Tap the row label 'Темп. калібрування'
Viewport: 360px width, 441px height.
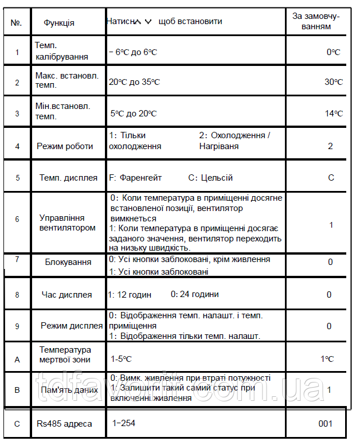[x=61, y=51]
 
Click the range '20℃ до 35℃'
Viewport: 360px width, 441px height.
[x=134, y=82]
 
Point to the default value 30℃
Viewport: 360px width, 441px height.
[x=333, y=82]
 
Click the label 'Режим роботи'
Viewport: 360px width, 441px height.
[x=65, y=146]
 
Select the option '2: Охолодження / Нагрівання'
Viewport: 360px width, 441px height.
[x=234, y=141]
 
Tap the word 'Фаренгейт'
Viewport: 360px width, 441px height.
[x=141, y=178]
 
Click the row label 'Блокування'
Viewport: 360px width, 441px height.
[x=68, y=262]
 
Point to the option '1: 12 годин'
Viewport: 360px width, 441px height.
[x=130, y=295]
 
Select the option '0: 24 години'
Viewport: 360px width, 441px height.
[x=194, y=294]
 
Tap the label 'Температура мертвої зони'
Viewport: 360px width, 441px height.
[x=65, y=354]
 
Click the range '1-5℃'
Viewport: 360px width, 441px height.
[x=122, y=360]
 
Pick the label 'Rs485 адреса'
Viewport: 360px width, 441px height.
[x=64, y=424]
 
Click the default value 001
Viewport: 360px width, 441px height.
[x=325, y=424]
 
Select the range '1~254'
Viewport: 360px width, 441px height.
[x=124, y=423]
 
